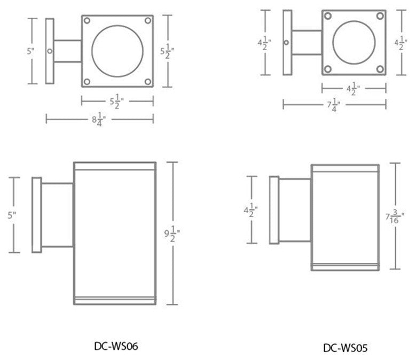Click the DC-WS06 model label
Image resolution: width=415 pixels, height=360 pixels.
tap(116, 345)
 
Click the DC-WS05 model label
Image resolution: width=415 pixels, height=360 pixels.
tap(345, 348)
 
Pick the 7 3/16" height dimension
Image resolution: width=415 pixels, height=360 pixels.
tap(396, 217)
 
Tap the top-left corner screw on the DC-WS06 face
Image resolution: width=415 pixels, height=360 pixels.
tap(88, 21)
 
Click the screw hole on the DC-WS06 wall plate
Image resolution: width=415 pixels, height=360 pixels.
tap(50, 51)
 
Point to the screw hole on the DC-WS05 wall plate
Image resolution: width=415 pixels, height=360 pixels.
tap(287, 43)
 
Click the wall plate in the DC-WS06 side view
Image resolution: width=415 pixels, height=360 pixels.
tap(37, 215)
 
